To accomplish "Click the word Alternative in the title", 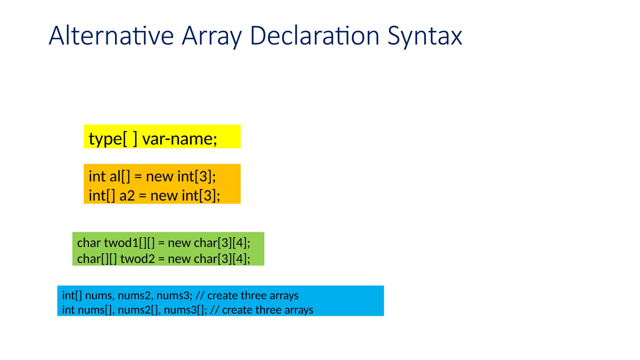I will click(111, 36).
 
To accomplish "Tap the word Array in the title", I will click(212, 36).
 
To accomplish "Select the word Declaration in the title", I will click(314, 36).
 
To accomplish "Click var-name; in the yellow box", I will click(180, 138).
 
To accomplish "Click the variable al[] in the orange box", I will click(120, 176).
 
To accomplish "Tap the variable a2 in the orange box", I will click(127, 196).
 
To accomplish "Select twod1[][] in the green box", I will click(129, 243).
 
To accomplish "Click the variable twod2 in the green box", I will click(137, 259).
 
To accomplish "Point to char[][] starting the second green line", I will click(97, 259).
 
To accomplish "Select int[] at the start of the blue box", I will click(72, 295).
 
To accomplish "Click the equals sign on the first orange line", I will click(138, 177).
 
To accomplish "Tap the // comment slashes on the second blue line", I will click(214, 310).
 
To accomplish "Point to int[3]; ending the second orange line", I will click(201, 196).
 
